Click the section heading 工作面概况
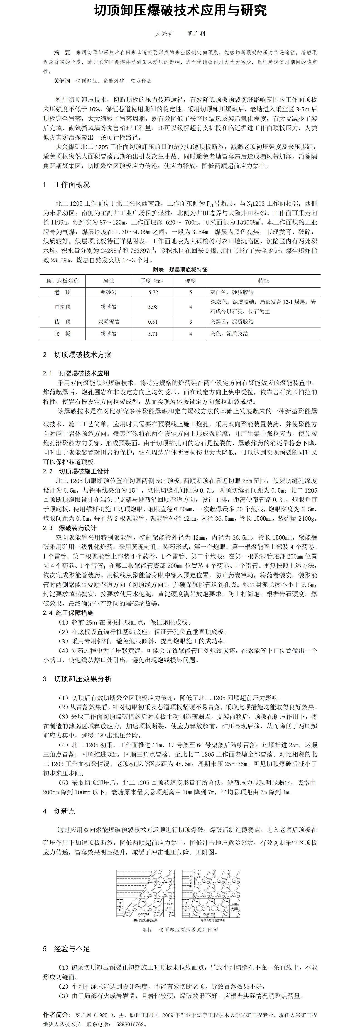(72, 184)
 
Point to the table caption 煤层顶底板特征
(188, 269)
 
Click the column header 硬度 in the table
(190, 281)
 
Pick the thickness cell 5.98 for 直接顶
(153, 307)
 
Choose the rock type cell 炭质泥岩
(109, 322)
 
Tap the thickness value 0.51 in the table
(153, 322)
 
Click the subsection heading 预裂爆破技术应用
(84, 373)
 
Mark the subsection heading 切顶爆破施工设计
(84, 471)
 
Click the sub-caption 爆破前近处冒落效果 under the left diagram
(146, 920)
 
